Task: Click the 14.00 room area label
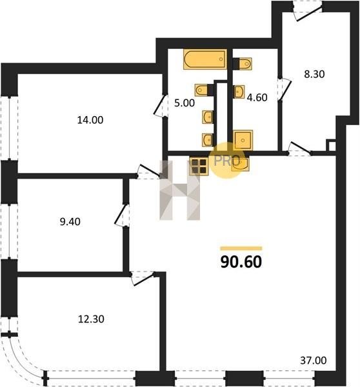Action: click(x=90, y=120)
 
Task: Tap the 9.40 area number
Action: click(x=70, y=222)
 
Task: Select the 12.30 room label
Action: click(x=91, y=319)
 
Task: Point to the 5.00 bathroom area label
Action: click(x=185, y=103)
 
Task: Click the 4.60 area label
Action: click(x=257, y=97)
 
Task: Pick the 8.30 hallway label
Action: click(x=314, y=74)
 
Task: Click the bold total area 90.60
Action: click(x=241, y=262)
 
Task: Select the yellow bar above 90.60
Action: click(x=241, y=248)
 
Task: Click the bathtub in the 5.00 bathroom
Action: click(x=205, y=59)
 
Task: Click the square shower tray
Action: click(x=243, y=140)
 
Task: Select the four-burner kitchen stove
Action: click(x=199, y=166)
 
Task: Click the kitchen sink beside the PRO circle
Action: click(x=240, y=164)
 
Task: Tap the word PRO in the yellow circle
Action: click(x=227, y=161)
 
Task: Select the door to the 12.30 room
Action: click(x=143, y=279)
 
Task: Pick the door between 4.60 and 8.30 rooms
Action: click(x=285, y=90)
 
